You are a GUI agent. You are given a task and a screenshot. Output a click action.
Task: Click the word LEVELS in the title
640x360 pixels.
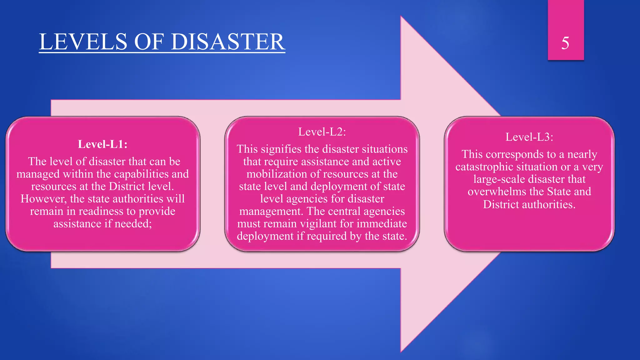point(83,42)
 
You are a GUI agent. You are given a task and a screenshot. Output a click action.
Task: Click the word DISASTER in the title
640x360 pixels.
point(228,42)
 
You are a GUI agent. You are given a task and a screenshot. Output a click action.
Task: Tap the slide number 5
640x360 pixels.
point(565,43)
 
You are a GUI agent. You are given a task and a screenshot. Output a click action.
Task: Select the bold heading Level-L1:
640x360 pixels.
point(102,144)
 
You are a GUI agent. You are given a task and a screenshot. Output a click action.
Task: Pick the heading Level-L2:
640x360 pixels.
point(322,132)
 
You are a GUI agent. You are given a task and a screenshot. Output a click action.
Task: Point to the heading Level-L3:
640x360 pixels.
point(529,137)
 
